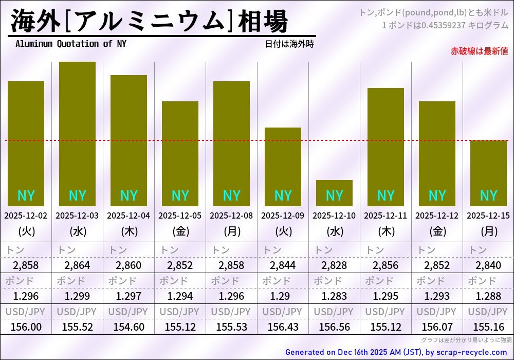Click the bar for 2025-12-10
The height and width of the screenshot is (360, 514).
334,193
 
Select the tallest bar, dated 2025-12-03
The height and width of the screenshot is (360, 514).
77,134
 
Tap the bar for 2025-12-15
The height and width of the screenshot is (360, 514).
488,172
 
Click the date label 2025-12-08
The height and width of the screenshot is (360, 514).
231,215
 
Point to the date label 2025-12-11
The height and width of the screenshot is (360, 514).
385,215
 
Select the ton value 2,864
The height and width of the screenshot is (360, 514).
77,265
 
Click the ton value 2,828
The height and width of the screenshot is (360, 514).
334,265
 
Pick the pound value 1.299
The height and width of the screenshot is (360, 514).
77,296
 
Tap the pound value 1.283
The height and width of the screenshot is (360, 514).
334,296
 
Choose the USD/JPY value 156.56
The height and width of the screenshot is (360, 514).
334,327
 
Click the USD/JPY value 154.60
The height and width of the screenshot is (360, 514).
128,327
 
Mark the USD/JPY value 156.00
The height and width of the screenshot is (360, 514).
26,327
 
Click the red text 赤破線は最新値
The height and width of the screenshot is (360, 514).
479,51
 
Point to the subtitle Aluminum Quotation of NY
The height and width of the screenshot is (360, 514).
70,44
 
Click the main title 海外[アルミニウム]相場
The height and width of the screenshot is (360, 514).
149,22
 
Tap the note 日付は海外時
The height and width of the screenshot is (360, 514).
289,44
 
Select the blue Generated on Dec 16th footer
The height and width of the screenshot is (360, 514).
396,352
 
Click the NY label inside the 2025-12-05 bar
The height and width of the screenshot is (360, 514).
180,196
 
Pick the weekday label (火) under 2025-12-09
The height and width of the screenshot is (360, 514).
283,231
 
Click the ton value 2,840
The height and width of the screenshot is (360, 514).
488,265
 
